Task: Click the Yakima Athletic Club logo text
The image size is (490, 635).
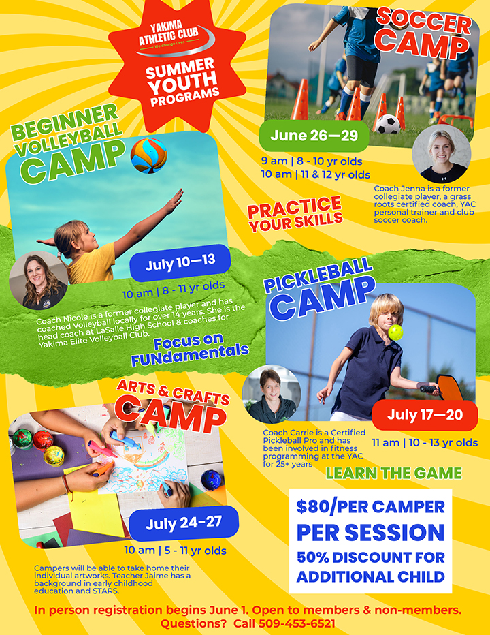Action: pyautogui.click(x=168, y=33)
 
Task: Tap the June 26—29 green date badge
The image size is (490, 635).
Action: pyautogui.click(x=314, y=136)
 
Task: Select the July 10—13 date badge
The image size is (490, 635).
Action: pyautogui.click(x=180, y=263)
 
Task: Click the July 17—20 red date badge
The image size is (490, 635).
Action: pyautogui.click(x=425, y=416)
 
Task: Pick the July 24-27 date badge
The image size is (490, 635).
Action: pyautogui.click(x=184, y=523)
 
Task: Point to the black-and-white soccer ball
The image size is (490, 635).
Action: pyautogui.click(x=388, y=124)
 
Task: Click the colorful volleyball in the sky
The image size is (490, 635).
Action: pyautogui.click(x=148, y=155)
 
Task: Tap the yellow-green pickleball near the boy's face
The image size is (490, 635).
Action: pyautogui.click(x=395, y=332)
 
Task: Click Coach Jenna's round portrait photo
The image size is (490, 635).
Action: pyautogui.click(x=442, y=154)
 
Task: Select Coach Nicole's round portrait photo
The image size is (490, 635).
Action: pyautogui.click(x=39, y=281)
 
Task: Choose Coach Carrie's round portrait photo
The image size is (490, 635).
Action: pyautogui.click(x=272, y=394)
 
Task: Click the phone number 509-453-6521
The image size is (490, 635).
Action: pyautogui.click(x=297, y=623)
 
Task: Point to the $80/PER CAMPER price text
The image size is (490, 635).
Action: pyautogui.click(x=370, y=507)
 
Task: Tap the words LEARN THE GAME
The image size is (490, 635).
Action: pyautogui.click(x=393, y=474)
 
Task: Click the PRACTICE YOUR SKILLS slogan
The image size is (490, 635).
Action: pyautogui.click(x=295, y=214)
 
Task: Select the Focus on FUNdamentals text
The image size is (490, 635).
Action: pyautogui.click(x=189, y=350)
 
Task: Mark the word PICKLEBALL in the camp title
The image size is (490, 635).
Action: pyautogui.click(x=318, y=275)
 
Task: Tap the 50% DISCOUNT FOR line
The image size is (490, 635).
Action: pyautogui.click(x=371, y=557)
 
